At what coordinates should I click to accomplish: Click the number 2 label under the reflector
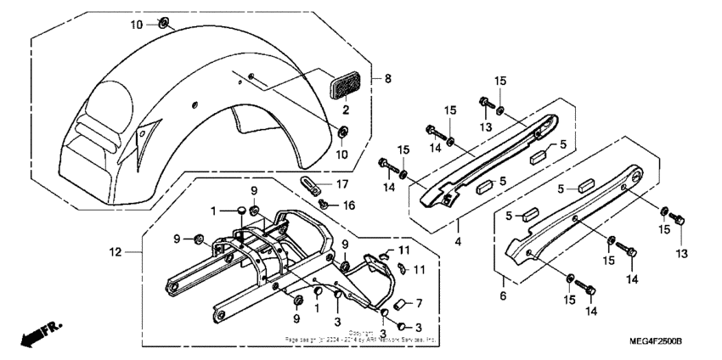(x=345, y=110)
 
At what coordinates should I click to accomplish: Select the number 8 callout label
(x=388, y=79)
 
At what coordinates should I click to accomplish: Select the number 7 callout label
(x=419, y=303)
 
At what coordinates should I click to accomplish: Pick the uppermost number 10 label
(x=137, y=24)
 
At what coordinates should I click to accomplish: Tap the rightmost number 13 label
(x=681, y=253)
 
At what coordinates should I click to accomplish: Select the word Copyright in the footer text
(x=360, y=333)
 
